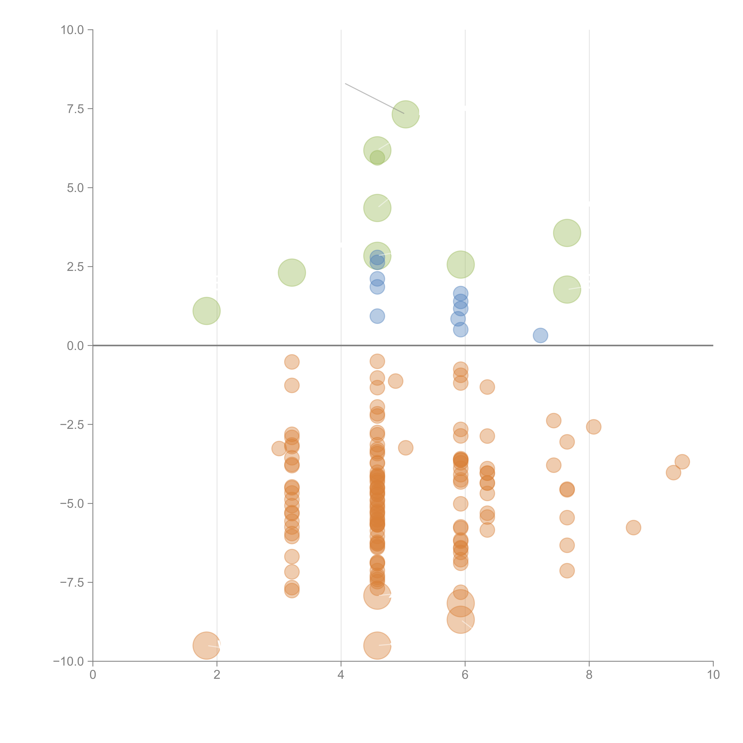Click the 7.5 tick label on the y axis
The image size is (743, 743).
point(75,109)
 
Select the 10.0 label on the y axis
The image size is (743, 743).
point(72,30)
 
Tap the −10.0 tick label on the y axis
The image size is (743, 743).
point(69,661)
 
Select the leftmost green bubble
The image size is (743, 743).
point(207,311)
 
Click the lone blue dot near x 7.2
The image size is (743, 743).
point(540,335)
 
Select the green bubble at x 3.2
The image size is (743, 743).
point(292,273)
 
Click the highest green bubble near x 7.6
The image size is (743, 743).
point(567,233)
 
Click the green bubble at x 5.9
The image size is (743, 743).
point(461,265)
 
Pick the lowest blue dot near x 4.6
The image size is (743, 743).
point(377,316)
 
